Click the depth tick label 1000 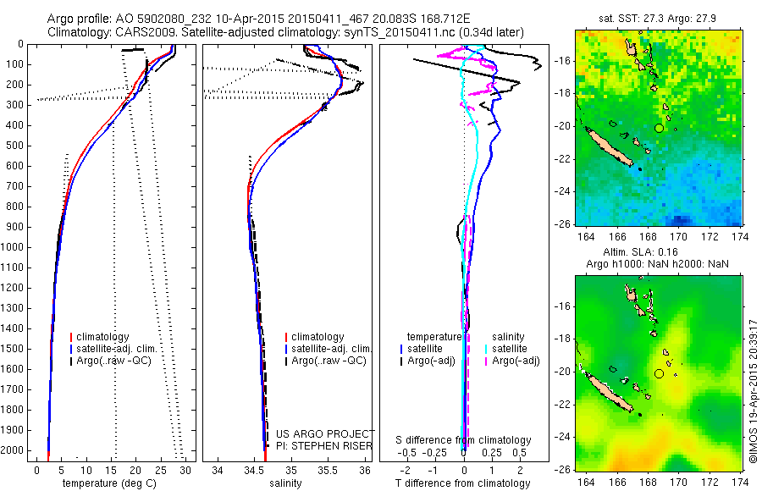(x=14, y=247)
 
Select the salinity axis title (x=284, y=483)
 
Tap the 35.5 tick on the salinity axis (x=328, y=471)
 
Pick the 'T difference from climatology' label (x=464, y=483)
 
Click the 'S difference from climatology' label (x=464, y=440)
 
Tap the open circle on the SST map (x=659, y=128)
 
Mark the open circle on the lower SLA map (x=659, y=373)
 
